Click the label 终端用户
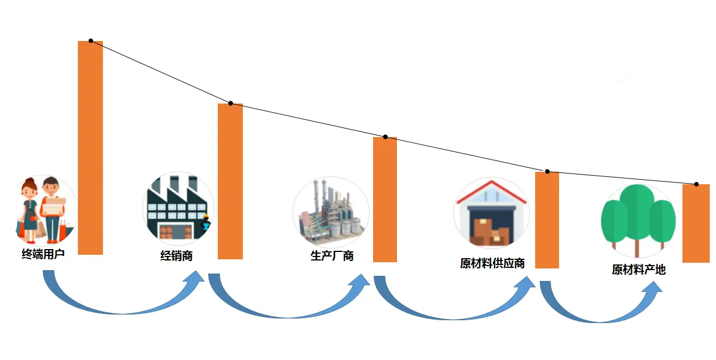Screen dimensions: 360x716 (43, 255)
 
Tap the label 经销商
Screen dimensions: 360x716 (176, 256)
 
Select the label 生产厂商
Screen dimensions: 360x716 (332, 256)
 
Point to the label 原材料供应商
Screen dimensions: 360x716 (492, 264)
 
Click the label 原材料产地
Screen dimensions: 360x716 (639, 270)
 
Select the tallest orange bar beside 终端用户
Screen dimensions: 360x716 (90, 148)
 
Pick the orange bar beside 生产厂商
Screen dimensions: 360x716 (385, 199)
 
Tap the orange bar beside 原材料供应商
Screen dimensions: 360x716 (547, 220)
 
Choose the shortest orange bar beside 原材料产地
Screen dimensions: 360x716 (696, 223)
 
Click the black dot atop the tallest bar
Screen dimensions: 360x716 (90, 41)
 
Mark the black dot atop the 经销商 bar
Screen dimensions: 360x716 (230, 104)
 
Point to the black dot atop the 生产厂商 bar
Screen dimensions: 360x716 (385, 137)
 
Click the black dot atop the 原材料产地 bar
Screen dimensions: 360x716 (696, 184)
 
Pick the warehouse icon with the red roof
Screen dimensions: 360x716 (491, 214)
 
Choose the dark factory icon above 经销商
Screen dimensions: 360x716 (177, 208)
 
